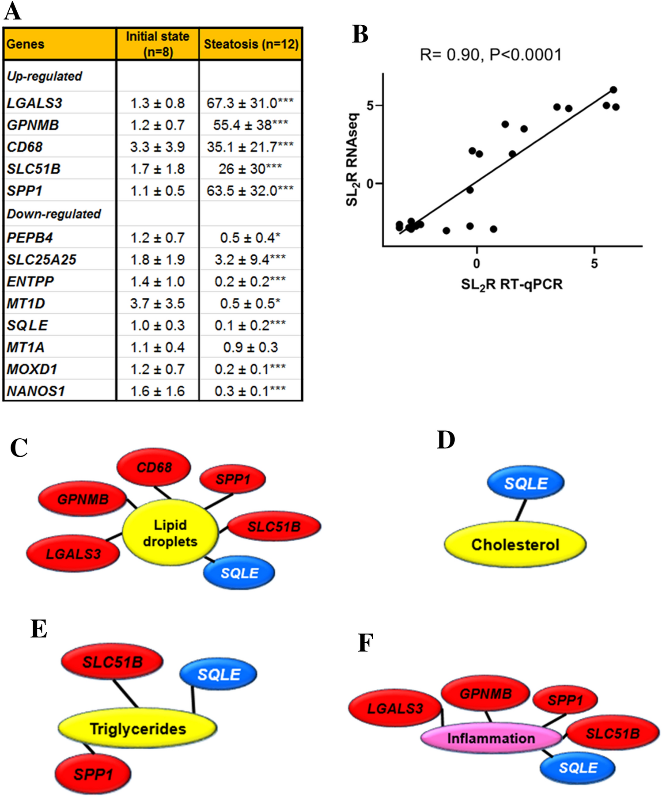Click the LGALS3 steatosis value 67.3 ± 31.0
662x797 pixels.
250,103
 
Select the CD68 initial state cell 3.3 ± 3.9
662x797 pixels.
157,147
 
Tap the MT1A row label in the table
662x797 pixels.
26,347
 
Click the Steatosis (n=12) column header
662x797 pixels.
251,44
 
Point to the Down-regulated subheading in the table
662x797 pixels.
53,214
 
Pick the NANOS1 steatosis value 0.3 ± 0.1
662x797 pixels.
250,391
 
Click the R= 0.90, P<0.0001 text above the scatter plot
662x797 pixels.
490,55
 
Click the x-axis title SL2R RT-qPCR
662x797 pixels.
511,284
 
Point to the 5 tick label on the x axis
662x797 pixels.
594,264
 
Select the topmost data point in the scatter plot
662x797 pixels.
613,90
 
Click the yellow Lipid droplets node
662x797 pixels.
170,533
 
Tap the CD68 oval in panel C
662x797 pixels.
154,467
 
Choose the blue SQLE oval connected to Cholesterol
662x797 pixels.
526,483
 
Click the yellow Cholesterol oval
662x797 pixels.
515,545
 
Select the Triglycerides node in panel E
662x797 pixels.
137,729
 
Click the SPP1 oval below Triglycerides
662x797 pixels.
93,774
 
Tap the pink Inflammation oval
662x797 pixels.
491,738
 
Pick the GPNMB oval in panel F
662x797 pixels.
485,694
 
